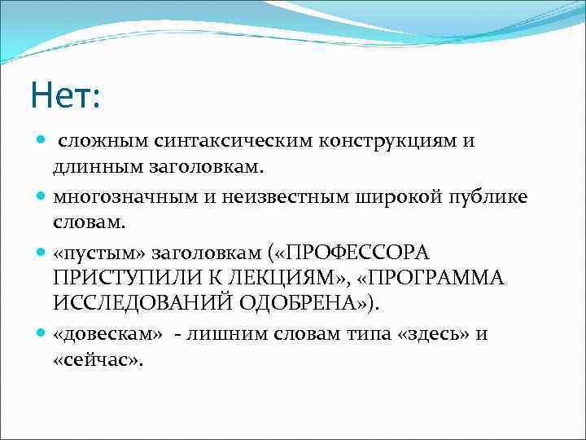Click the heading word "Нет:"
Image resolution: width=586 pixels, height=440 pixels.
64,96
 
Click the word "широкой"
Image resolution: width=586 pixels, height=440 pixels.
383,196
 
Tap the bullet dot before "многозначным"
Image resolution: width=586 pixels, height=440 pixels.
42,196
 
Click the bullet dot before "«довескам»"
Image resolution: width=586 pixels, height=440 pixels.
42,334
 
